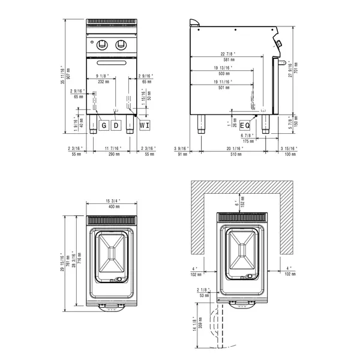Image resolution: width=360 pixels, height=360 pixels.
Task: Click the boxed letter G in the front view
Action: point(104,125)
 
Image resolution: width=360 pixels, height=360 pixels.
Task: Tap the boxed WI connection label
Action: point(145,125)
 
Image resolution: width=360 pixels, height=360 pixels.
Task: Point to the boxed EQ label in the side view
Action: point(245,125)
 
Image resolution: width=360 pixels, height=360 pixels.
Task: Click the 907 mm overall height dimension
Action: point(71,74)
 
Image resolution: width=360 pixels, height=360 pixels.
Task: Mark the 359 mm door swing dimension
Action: point(200,325)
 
